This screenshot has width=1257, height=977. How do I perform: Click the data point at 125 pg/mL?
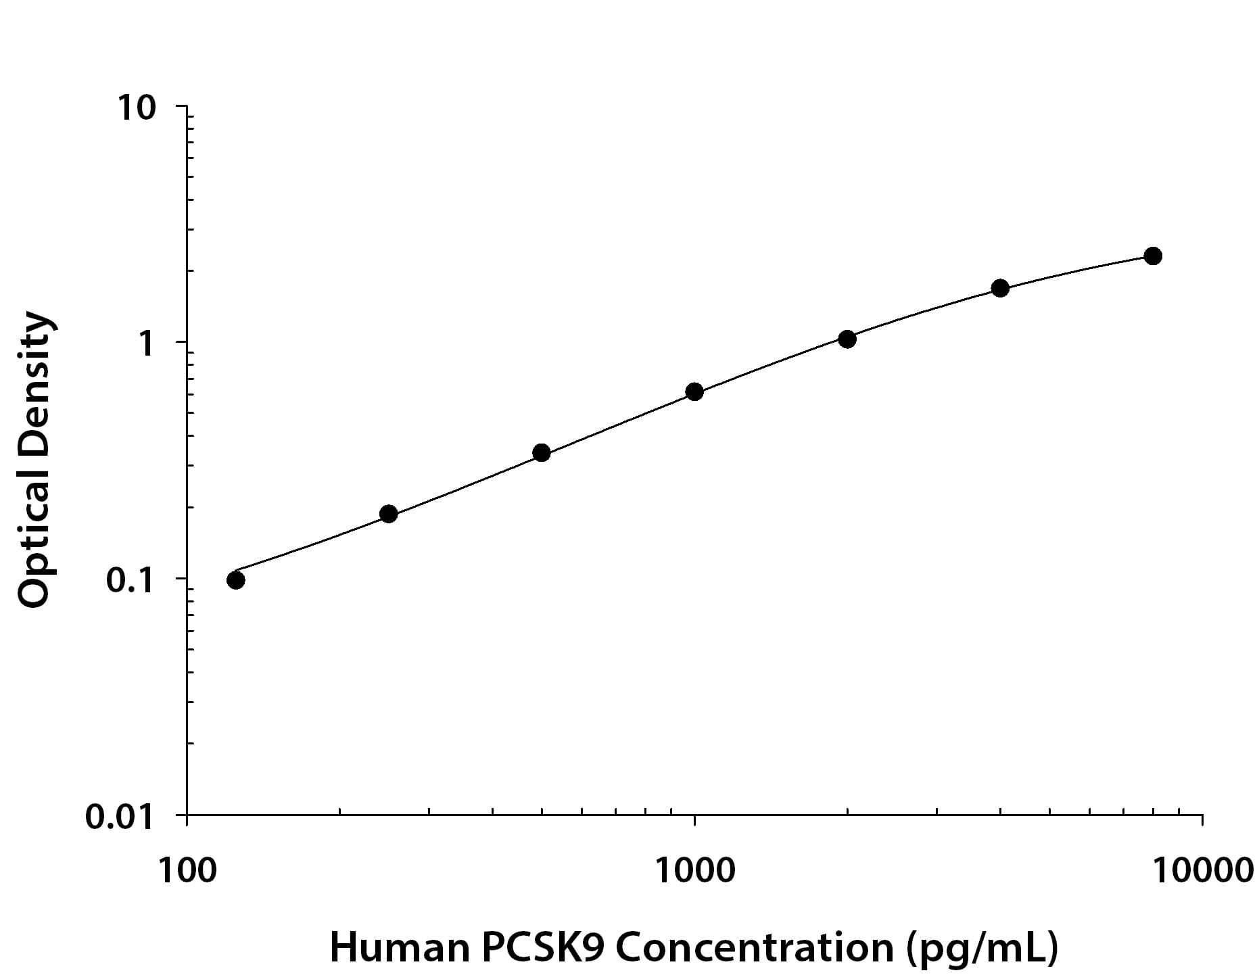pyautogui.click(x=236, y=580)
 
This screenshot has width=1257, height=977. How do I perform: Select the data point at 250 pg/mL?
pyautogui.click(x=388, y=514)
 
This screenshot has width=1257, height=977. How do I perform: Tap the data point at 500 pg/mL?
pyautogui.click(x=542, y=453)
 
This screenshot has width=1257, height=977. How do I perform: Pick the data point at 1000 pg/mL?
pyautogui.click(x=694, y=391)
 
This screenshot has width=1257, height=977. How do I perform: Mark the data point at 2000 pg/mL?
pyautogui.click(x=847, y=339)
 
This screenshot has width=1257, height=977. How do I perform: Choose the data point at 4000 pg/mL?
pyautogui.click(x=1000, y=288)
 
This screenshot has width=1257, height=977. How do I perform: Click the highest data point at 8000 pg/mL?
pyautogui.click(x=1153, y=256)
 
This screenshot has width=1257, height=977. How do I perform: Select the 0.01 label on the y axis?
pyautogui.click(x=120, y=817)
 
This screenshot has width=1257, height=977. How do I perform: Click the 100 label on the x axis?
pyautogui.click(x=187, y=871)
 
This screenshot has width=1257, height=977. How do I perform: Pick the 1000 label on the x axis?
pyautogui.click(x=694, y=871)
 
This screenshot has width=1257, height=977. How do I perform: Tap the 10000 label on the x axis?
pyautogui.click(x=1203, y=871)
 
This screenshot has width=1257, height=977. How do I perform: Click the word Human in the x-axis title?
pyautogui.click(x=399, y=948)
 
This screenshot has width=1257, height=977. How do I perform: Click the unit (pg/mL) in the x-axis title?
pyautogui.click(x=983, y=948)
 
